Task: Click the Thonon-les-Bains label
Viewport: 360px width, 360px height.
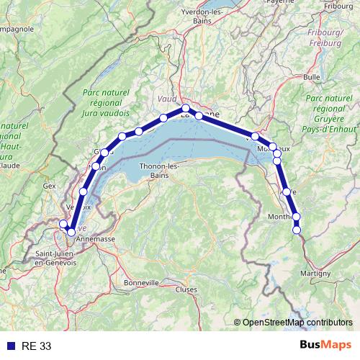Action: point(149,171)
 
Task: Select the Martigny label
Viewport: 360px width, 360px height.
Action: point(315,273)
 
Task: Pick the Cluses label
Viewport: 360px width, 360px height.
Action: point(186,289)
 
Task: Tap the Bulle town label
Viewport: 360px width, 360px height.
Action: point(312,76)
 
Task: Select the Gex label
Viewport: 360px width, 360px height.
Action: point(50,185)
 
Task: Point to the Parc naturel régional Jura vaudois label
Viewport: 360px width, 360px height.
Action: point(106,103)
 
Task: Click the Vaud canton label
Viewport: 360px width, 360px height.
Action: point(166,97)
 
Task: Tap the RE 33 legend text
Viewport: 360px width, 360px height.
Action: point(37,346)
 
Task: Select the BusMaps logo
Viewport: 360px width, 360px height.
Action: point(325,346)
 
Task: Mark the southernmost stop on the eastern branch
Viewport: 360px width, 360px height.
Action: point(297,230)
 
